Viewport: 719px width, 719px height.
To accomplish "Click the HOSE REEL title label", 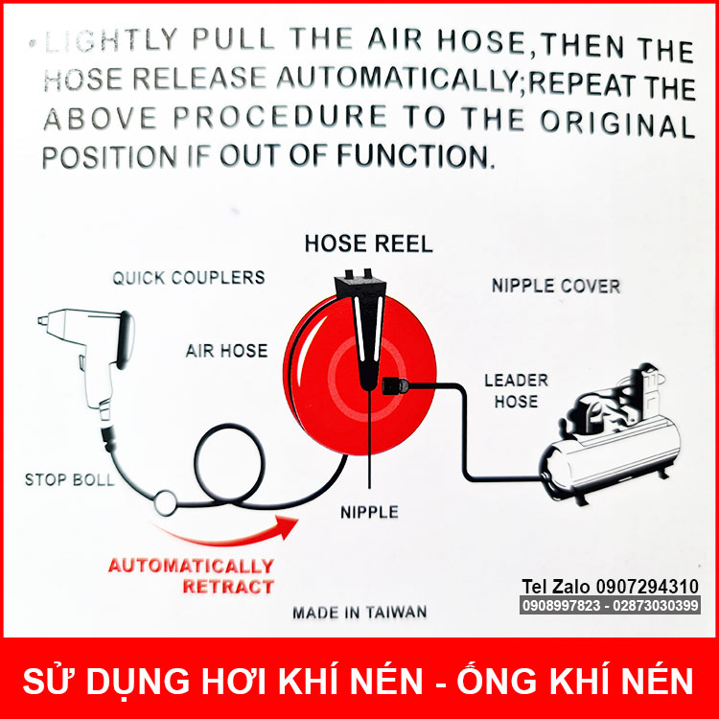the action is pyautogui.click(x=369, y=244).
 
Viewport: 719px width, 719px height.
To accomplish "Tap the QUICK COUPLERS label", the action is pyautogui.click(x=189, y=277).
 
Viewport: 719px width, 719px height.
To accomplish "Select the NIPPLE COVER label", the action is pyautogui.click(x=556, y=286).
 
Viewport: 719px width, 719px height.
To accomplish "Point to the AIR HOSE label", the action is pyautogui.click(x=226, y=351).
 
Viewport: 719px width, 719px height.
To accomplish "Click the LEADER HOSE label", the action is pyautogui.click(x=517, y=391).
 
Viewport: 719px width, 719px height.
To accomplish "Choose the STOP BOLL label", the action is pyautogui.click(x=69, y=479).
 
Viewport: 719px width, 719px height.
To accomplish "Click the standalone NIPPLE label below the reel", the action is pyautogui.click(x=369, y=512).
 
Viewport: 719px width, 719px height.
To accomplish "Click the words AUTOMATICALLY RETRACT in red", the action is pyautogui.click(x=191, y=576).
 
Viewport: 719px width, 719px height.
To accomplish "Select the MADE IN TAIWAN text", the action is pyautogui.click(x=359, y=613).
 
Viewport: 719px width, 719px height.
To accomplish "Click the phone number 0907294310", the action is pyautogui.click(x=647, y=586).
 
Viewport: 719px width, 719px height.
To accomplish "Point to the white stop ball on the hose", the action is pyautogui.click(x=165, y=503).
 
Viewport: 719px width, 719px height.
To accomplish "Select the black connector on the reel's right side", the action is pyautogui.click(x=395, y=385).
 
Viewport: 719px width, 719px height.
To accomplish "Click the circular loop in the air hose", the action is pyautogui.click(x=230, y=464).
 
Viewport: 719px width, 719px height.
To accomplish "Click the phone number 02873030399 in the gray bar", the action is pyautogui.click(x=656, y=605).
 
